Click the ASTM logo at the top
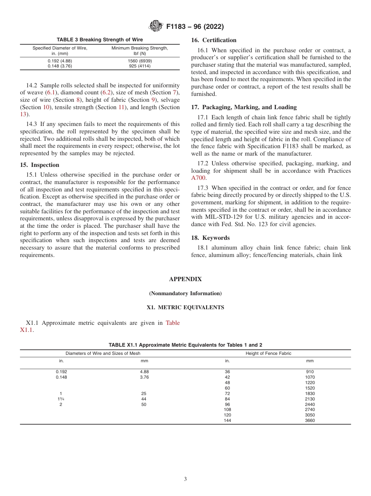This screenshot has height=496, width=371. tap(156, 27)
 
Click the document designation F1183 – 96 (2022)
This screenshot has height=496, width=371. tap(195, 27)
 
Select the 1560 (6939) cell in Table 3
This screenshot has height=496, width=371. tap(140, 61)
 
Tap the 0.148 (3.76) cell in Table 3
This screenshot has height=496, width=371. tap(60, 66)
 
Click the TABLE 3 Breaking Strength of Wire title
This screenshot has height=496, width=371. tap(100, 40)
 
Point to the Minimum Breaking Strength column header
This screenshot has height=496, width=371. tap(140, 51)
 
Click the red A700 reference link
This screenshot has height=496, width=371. tap(198, 178)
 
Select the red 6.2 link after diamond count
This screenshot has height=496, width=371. tap(106, 92)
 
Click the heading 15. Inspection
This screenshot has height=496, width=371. tap(39, 165)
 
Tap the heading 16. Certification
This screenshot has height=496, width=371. tap(214, 40)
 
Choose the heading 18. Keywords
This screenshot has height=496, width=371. tap(210, 238)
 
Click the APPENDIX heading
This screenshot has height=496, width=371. tap(185, 279)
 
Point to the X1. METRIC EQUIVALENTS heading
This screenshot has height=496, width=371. tap(185, 307)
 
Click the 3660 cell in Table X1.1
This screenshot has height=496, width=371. tap(310, 421)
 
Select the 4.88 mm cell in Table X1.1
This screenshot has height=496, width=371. tap(144, 372)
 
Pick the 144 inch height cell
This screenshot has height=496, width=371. tap(227, 421)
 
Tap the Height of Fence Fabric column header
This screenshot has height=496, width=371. tap(268, 353)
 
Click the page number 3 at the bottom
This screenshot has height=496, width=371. tap(185, 479)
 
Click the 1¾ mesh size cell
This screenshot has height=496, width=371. tap(61, 399)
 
